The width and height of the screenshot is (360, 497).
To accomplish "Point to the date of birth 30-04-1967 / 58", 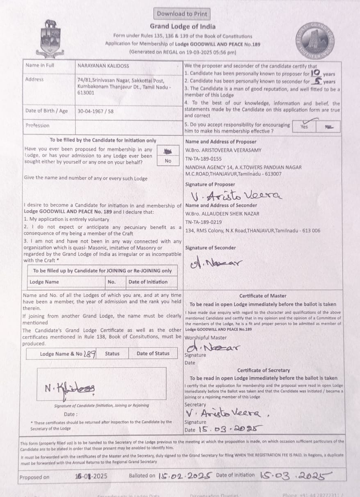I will click(x=96, y=111).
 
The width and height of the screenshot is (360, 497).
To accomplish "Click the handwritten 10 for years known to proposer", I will click(x=315, y=73).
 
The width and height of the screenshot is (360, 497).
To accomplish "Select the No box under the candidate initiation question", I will click(x=168, y=161).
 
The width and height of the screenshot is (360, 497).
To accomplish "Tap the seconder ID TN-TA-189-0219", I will click(x=203, y=222).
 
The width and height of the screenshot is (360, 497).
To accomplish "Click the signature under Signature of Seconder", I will click(x=216, y=262).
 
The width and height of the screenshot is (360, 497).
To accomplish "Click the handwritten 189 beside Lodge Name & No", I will click(x=90, y=353).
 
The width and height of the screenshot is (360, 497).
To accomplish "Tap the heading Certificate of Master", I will click(x=263, y=295).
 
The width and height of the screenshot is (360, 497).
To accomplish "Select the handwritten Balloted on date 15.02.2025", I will click(x=185, y=476).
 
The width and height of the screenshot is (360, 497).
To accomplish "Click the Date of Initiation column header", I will click(x=148, y=282).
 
